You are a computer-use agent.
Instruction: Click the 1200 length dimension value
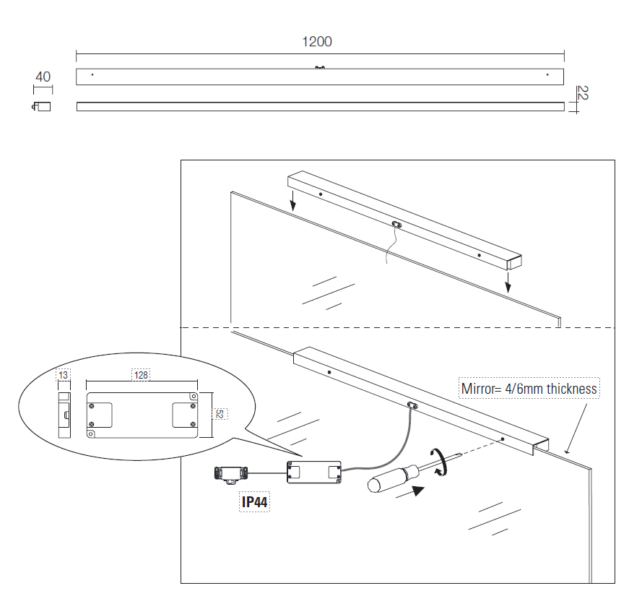[317, 41]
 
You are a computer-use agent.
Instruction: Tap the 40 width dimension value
[43, 77]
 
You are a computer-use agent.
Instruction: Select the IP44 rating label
[255, 502]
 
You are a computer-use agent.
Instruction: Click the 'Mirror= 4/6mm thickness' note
[529, 389]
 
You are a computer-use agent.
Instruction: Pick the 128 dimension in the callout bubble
[141, 375]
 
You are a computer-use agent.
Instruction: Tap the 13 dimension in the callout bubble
[64, 375]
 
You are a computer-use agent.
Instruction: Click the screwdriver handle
[390, 479]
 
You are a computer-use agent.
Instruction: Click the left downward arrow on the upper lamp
[292, 199]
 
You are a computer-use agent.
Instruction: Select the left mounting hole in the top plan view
[92, 74]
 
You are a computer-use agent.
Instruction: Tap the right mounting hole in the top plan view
[547, 74]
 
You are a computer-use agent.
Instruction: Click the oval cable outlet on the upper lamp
[396, 225]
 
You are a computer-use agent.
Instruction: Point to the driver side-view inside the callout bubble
[65, 415]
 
